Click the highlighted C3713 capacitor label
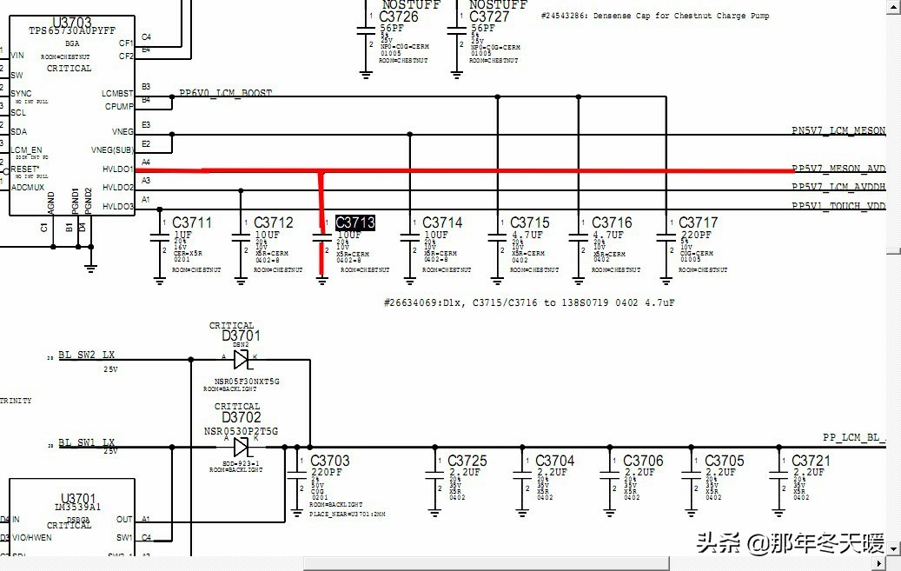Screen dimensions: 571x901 click(354, 222)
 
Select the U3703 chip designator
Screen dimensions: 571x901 click(71, 22)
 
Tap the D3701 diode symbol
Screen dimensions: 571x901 click(242, 359)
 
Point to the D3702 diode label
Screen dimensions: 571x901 click(241, 418)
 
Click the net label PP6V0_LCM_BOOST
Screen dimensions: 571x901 click(225, 93)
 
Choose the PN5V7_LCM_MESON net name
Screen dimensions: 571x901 click(838, 131)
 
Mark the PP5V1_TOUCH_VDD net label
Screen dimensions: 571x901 click(838, 207)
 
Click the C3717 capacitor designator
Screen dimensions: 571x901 click(698, 222)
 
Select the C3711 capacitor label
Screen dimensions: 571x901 click(191, 222)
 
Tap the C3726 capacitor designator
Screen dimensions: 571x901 click(398, 17)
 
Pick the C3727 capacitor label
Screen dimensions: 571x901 click(489, 17)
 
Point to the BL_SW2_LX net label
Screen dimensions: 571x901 click(86, 355)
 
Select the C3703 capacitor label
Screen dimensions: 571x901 click(329, 461)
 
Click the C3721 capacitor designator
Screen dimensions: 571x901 click(811, 461)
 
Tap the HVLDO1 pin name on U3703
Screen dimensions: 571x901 click(118, 169)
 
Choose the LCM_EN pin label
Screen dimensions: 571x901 click(25, 150)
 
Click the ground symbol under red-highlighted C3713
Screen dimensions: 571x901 click(322, 278)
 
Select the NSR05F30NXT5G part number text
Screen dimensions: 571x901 click(247, 382)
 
